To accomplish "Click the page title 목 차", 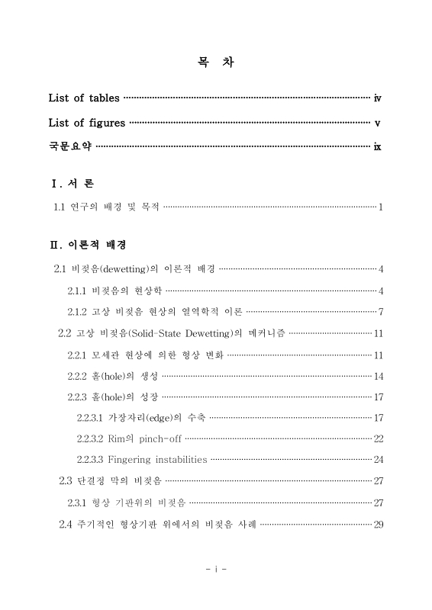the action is (215, 63).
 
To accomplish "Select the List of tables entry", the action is (84, 98).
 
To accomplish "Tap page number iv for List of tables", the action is (378, 98).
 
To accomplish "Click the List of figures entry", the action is (87, 123).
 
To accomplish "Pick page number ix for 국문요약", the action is (378, 147).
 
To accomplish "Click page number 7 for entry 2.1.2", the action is (380, 312).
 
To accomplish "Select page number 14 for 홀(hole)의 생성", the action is (379, 376).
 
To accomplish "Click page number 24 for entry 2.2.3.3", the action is (379, 460).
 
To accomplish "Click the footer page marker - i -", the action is (216, 570).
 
